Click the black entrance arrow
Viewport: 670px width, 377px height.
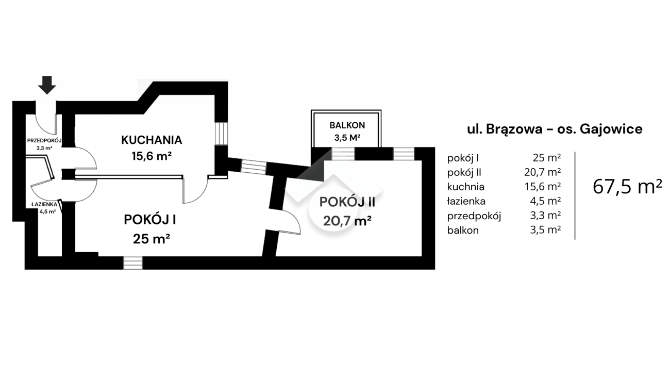pos(47,85)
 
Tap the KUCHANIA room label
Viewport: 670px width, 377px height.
pos(152,140)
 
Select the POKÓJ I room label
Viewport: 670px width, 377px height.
pos(150,220)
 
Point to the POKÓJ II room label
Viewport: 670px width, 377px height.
pos(348,202)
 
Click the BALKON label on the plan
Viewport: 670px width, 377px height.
pos(347,125)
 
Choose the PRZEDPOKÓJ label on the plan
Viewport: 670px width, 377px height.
pos(44,140)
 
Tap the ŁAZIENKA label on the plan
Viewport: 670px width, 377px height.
pos(43,204)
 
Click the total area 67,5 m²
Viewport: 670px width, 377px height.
pos(627,187)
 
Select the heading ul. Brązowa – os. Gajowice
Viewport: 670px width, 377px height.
pos(555,129)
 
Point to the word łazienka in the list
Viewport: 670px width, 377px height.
pos(467,201)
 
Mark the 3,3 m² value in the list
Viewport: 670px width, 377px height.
pos(547,216)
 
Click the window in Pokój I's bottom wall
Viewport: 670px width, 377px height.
pos(132,263)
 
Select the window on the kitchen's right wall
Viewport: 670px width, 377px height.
pos(221,134)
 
